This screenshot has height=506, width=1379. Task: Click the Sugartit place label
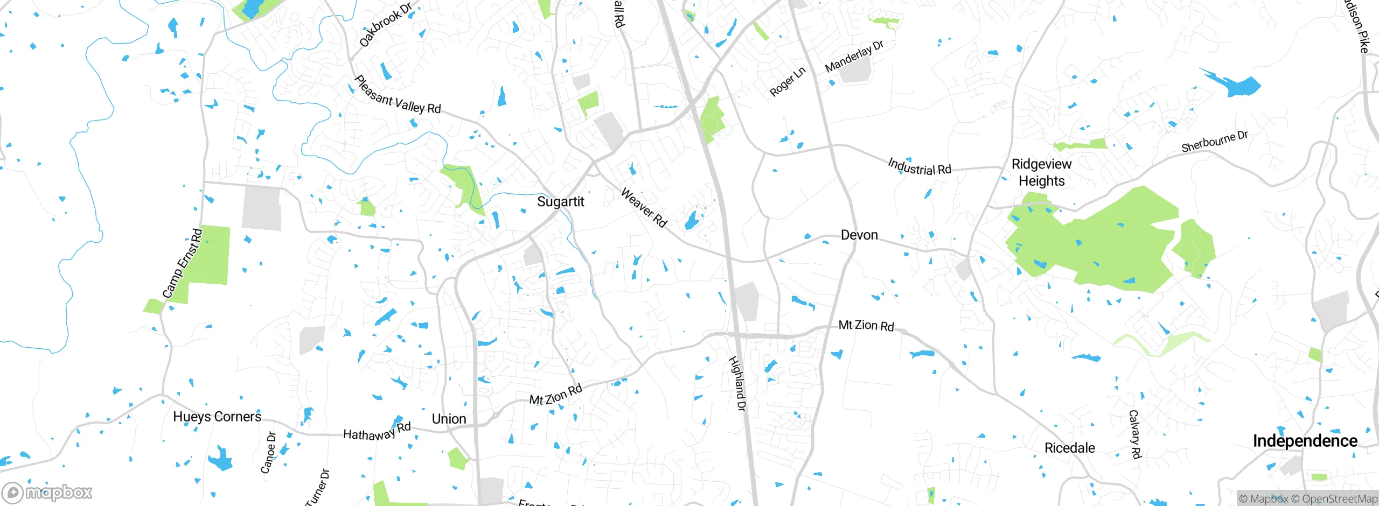560,202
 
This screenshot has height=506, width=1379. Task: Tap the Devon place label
859,235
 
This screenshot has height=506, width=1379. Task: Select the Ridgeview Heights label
1041,172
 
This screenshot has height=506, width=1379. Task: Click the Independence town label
1305,441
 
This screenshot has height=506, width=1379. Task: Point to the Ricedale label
1069,448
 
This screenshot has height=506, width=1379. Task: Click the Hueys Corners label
217,417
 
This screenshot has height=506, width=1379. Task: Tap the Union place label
449,419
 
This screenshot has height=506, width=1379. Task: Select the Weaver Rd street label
644,207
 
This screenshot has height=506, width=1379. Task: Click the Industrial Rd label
920,166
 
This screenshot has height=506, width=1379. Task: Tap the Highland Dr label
737,383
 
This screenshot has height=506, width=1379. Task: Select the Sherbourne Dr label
1214,142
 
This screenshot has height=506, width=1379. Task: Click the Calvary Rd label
1134,434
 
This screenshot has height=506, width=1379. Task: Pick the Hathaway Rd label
377,432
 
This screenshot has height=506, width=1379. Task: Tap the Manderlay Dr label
854,56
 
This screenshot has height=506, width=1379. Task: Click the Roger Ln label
787,81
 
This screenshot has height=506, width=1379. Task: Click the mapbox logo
47,493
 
